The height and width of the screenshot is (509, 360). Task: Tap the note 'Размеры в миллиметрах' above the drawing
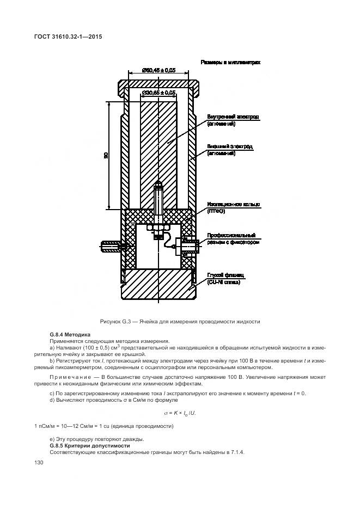(230, 63)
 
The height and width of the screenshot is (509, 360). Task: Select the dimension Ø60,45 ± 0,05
(158, 70)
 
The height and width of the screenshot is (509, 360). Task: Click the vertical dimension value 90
(106, 155)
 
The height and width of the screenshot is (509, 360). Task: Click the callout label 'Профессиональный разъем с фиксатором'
(233, 239)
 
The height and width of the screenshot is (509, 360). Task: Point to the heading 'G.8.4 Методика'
(70, 334)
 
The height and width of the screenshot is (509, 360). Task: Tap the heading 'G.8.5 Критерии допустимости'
(82, 446)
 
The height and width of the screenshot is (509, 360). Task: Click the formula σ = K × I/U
(180, 413)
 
